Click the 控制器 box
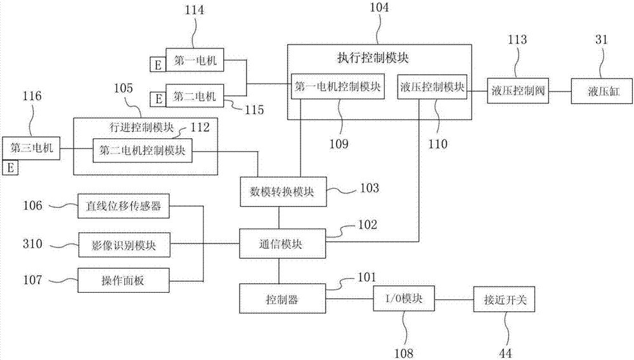tap(281, 299)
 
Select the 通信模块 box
tap(281, 244)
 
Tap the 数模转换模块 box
tap(282, 191)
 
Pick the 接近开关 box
tap(505, 299)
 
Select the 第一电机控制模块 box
tap(337, 87)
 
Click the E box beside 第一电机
tap(156, 63)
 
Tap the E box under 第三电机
tap(11, 167)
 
